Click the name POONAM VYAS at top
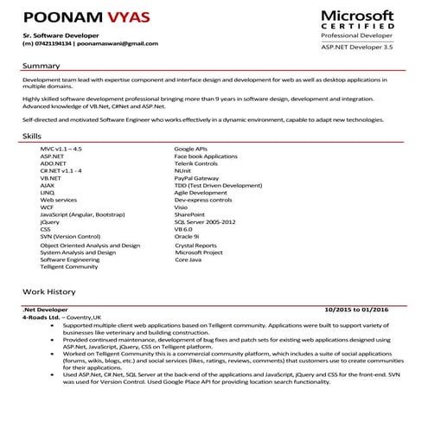pyautogui.click(x=76, y=18)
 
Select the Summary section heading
pyautogui.click(x=41, y=66)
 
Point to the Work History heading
pyautogui.click(x=49, y=293)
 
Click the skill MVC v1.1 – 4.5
pyautogui.click(x=61, y=150)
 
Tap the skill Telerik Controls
pyautogui.click(x=195, y=163)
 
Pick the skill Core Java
pyautogui.click(x=188, y=259)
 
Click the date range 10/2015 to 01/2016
pyautogui.click(x=356, y=309)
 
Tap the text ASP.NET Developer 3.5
pyautogui.click(x=356, y=54)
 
